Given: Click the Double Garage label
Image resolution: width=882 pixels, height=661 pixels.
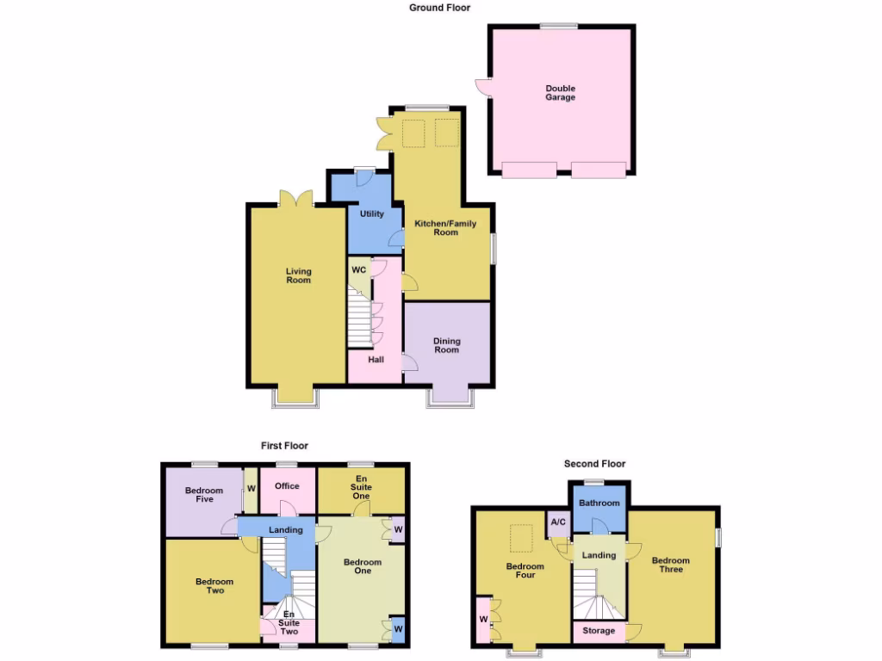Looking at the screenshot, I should coord(560,93).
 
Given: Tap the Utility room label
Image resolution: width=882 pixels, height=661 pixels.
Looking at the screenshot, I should coord(372,214).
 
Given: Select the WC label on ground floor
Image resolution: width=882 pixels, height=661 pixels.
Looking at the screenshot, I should coord(359,269).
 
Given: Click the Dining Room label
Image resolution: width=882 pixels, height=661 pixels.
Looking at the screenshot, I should coord(446,345).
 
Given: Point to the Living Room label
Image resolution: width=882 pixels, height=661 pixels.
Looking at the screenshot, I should coord(298,275).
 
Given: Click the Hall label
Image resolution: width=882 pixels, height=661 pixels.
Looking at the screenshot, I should coord(376,360).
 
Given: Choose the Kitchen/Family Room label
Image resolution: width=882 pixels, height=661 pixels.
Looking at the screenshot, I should coord(445,228).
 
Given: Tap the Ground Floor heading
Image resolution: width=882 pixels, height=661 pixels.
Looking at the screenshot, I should coord(439,8).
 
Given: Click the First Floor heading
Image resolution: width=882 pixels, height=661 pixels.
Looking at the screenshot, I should coord(284,446).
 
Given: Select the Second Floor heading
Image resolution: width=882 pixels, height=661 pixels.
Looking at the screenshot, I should coord(594,464).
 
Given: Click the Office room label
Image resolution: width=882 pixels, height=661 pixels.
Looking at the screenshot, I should coord(287,486).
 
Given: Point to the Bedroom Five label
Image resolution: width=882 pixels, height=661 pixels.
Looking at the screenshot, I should coord(204,495).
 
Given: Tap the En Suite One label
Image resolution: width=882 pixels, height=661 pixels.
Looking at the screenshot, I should coord(362,486).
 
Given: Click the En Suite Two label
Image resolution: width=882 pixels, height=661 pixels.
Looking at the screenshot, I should coord(288,624).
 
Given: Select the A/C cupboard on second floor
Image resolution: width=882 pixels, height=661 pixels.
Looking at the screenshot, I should coord(557,522).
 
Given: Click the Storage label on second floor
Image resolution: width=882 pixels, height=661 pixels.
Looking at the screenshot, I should coord(599,631).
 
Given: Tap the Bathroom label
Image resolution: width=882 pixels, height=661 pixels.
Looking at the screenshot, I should coord(599,503).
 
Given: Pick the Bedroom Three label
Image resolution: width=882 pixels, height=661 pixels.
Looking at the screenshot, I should coord(671,565).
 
